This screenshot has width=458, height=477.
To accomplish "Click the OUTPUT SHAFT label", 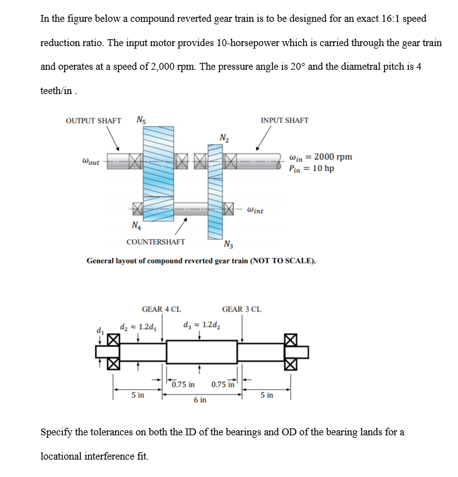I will [93, 120].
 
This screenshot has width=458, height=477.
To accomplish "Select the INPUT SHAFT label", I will [284, 120].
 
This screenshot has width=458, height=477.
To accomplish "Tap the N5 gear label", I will [141, 120].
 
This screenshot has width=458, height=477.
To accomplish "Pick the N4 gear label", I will [135, 225].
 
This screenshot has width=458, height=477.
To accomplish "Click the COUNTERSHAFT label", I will [156, 242].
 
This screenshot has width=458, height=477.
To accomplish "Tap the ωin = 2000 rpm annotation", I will [321, 156].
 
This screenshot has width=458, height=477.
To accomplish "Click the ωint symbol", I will [255, 210].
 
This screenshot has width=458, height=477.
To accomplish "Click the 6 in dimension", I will [200, 400].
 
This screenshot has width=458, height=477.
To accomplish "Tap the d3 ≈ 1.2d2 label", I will [202, 324].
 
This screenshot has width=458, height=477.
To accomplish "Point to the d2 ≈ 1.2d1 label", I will [138, 326].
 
